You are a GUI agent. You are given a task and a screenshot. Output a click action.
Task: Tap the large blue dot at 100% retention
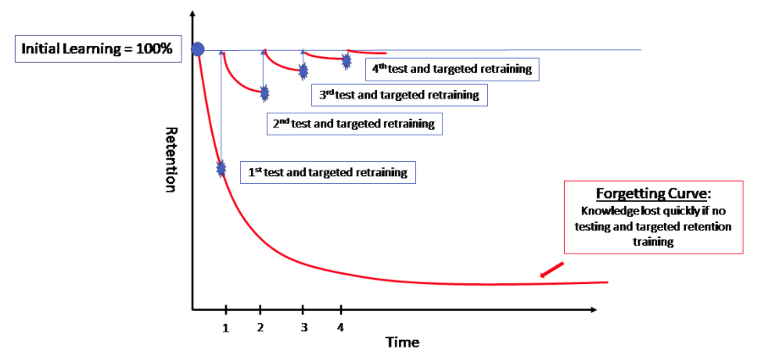click(x=198, y=49)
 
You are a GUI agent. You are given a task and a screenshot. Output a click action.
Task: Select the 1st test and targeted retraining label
click(x=328, y=172)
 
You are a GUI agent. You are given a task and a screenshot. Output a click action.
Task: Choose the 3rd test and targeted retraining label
click(x=399, y=95)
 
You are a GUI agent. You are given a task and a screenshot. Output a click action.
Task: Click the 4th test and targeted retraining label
click(x=453, y=69)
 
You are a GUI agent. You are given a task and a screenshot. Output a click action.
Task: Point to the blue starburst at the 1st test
click(x=221, y=168)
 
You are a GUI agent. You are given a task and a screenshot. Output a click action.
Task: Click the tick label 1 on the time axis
click(x=225, y=328)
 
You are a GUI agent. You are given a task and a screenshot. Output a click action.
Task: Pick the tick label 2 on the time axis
click(x=260, y=328)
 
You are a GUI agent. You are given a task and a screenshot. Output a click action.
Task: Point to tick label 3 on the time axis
click(x=303, y=328)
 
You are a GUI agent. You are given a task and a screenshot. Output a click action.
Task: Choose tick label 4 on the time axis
click(x=339, y=328)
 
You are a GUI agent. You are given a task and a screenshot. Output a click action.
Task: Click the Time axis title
click(x=402, y=343)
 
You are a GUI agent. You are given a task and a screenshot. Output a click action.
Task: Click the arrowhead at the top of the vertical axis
click(x=192, y=15)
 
